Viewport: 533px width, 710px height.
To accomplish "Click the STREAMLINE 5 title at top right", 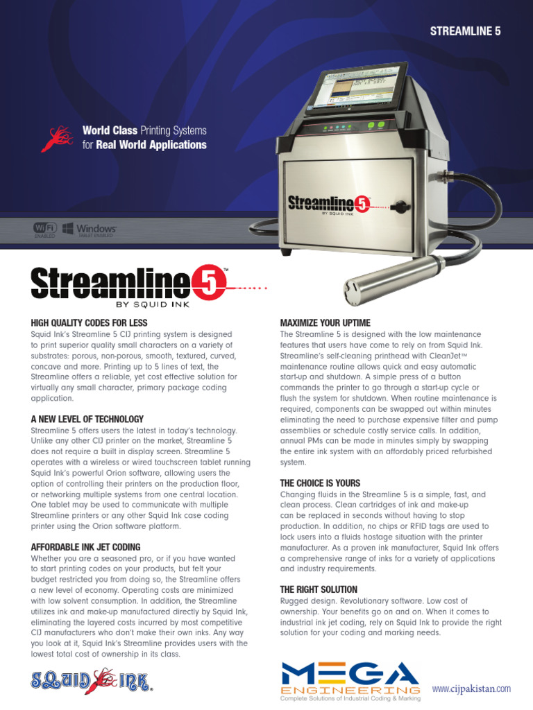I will [466, 31].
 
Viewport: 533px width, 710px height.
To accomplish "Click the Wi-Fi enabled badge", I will [44, 229].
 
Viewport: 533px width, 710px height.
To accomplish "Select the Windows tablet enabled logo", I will [90, 230].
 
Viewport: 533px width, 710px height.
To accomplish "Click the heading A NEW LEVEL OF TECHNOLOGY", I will [87, 419].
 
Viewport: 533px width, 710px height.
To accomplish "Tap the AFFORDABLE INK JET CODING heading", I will [85, 547].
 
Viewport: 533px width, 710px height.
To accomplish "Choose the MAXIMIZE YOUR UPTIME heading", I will [325, 323].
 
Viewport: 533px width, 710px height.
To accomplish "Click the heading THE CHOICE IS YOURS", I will [320, 483].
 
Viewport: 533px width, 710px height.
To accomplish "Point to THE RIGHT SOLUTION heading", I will [319, 589].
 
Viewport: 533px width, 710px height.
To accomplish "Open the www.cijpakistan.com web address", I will [471, 689].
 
